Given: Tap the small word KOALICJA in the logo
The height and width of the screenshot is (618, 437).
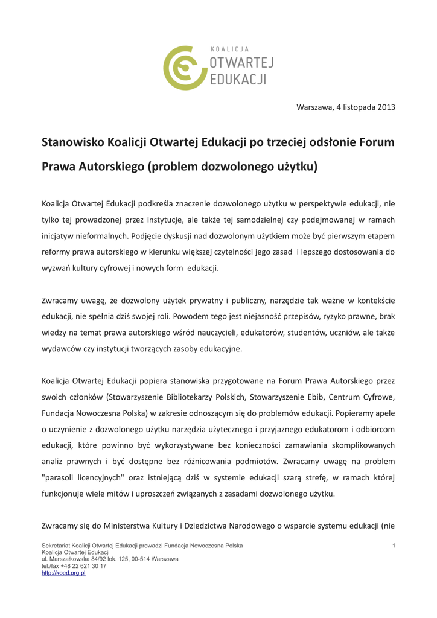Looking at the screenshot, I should (x=229, y=49).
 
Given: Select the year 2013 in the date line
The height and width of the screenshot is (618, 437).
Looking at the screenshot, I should (x=386, y=107).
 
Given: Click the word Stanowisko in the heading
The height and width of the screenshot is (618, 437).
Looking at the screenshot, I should (x=72, y=142).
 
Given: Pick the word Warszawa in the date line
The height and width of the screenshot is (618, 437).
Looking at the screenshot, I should (x=314, y=107).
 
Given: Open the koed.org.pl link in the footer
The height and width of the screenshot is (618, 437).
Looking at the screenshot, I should (x=63, y=573).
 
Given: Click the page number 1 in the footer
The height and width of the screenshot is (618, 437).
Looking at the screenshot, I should (x=393, y=546).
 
